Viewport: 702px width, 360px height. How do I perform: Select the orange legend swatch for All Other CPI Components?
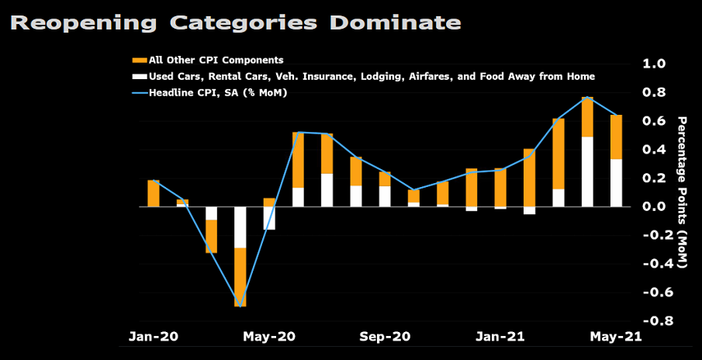click(x=139, y=60)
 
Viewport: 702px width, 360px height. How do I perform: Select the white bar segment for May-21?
click(x=617, y=183)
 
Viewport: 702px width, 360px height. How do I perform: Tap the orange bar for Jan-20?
click(x=154, y=193)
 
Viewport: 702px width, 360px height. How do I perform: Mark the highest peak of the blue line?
click(x=588, y=97)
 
